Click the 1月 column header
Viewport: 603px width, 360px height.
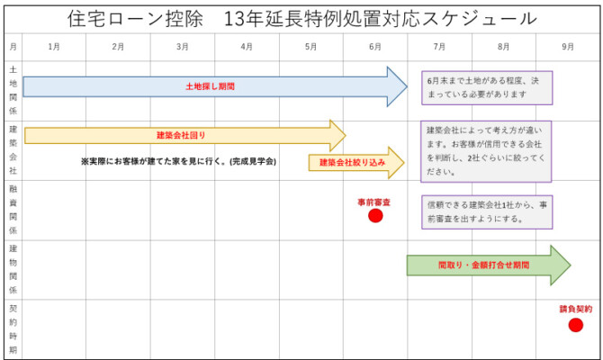pos(54,47)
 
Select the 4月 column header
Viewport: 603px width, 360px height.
pos(247,47)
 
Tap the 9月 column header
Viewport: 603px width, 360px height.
pos(568,47)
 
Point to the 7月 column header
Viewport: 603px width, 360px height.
pos(439,47)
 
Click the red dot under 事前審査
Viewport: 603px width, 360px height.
pos(375,216)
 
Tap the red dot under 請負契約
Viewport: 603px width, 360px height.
pos(576,325)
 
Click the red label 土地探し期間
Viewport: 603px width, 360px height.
pos(210,86)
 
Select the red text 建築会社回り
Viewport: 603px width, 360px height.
pos(181,135)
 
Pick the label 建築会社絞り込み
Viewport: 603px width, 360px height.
pos(352,162)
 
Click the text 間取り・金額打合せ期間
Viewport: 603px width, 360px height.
pos(484,265)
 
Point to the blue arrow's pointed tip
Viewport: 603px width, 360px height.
pos(408,87)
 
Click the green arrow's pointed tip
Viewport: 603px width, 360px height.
pos(571,265)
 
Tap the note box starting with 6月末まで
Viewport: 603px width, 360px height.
pos(487,87)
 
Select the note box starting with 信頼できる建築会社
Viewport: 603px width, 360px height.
pos(487,211)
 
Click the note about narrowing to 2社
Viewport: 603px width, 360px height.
pos(486,151)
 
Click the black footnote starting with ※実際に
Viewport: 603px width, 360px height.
pos(178,161)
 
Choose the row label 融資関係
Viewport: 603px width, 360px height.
pos(13,210)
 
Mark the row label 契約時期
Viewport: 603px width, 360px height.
pos(13,329)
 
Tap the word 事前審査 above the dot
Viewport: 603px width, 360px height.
pos(373,202)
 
